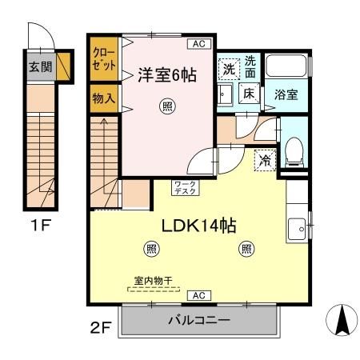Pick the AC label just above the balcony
click(x=198, y=296)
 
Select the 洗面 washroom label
click(x=250, y=66)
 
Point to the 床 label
click(x=249, y=94)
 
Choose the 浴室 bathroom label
click(x=286, y=94)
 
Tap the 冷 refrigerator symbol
click(x=265, y=160)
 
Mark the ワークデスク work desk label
click(x=185, y=188)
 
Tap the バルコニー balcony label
click(x=198, y=321)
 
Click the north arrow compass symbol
click(x=341, y=322)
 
